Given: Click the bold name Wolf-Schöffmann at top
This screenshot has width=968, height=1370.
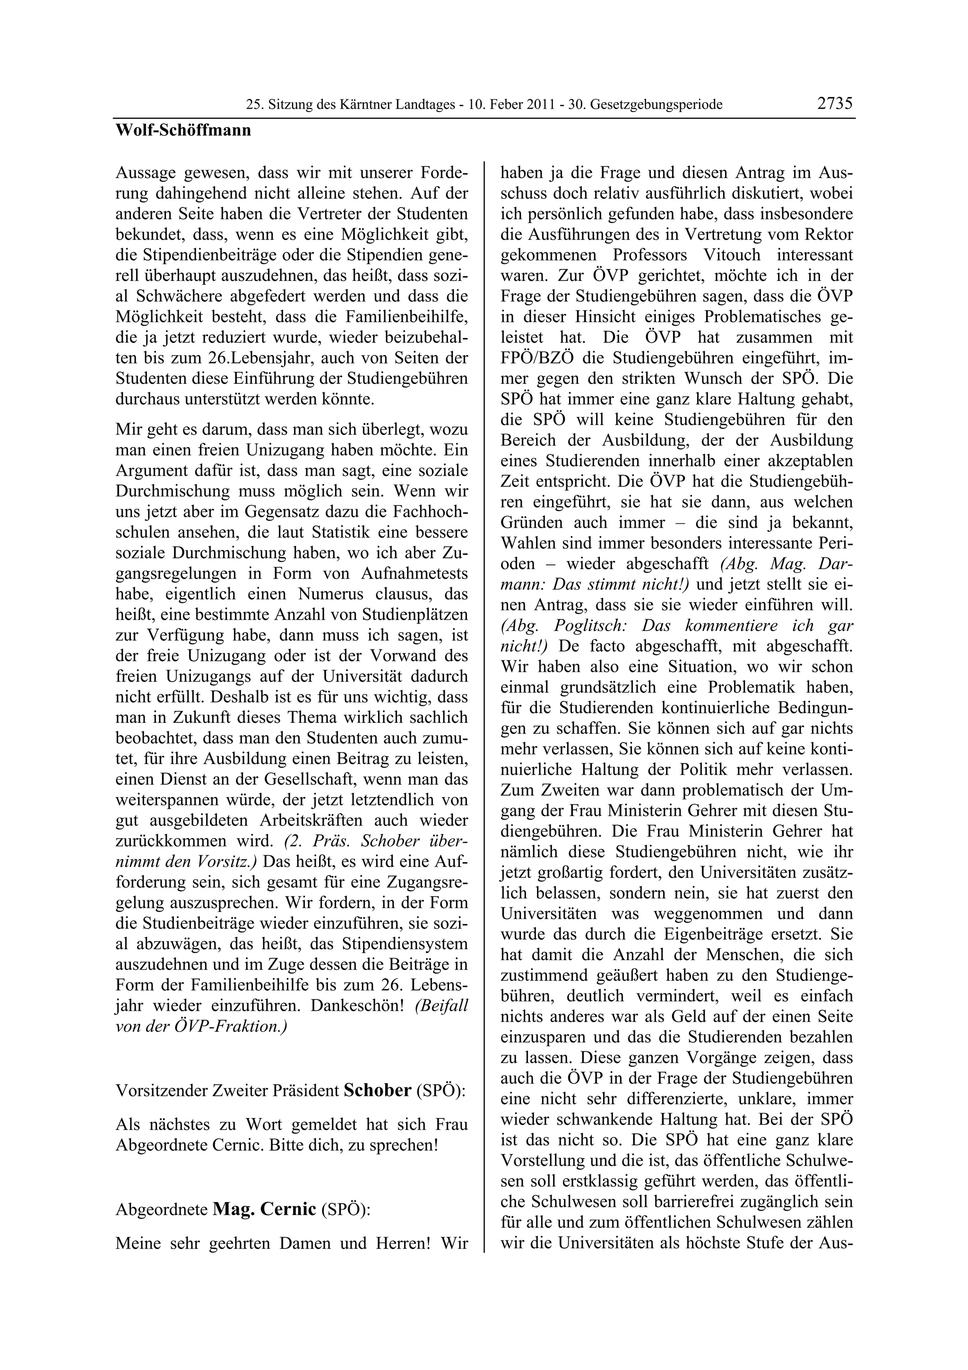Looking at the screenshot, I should pyautogui.click(x=183, y=130).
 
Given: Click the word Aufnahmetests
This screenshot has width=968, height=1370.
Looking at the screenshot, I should pyautogui.click(x=415, y=573).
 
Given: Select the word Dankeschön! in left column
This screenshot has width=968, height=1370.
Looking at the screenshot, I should pyautogui.click(x=358, y=1006).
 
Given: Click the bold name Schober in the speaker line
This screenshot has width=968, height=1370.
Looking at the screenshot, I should pyautogui.click(x=378, y=1090).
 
